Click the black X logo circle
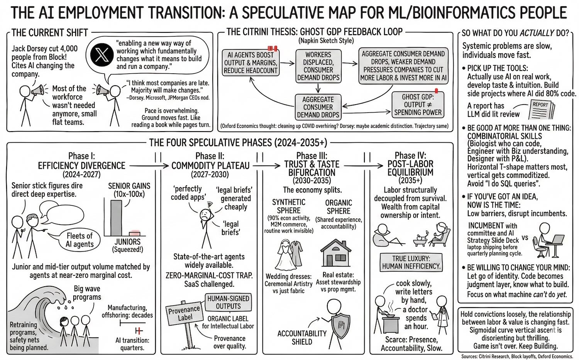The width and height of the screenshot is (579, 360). point(102,56)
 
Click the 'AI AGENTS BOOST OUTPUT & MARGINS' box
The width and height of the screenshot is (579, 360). point(251,63)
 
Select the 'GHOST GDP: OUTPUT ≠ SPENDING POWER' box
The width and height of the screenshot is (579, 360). point(418,105)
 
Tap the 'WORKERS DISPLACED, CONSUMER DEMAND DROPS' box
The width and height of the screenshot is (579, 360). point(318,66)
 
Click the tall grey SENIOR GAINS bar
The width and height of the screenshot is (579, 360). point(116,218)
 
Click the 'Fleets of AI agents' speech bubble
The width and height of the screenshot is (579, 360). point(79,240)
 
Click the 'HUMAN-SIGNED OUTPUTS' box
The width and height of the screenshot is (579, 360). point(228,303)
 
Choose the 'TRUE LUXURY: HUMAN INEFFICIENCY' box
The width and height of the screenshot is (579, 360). point(411,262)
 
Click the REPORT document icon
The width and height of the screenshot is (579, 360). point(542,110)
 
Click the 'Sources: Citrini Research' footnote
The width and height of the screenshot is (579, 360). point(517,356)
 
